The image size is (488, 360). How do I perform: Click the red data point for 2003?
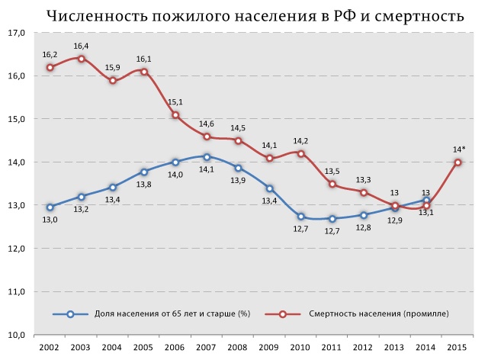[x=81, y=59]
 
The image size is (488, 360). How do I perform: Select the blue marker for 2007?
[x=207, y=157]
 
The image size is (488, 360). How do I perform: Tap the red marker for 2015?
[x=458, y=162]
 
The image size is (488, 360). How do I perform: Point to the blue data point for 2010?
[x=301, y=217]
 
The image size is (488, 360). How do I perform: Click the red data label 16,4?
[x=81, y=47]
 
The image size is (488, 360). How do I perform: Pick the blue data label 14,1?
[x=207, y=171]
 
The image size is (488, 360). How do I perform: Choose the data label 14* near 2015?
[x=458, y=149]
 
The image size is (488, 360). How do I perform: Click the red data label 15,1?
[x=175, y=102]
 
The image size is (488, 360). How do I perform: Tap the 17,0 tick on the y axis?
[x=17, y=34]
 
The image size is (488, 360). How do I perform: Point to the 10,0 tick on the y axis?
[x=17, y=335]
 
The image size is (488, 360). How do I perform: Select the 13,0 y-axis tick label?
[x=17, y=206]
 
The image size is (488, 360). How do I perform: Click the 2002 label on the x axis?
[x=50, y=348]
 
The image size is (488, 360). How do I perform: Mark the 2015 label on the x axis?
[x=458, y=348]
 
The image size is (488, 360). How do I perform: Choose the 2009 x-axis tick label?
[x=270, y=348]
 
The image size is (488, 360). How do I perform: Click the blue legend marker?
[x=71, y=313]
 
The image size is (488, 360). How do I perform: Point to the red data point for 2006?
[x=175, y=115]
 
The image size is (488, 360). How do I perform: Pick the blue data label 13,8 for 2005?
[x=143, y=185]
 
